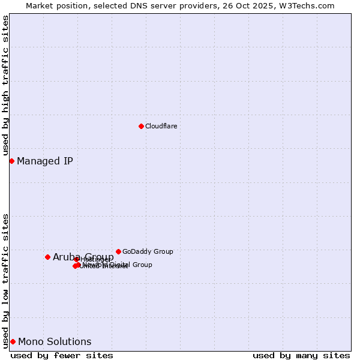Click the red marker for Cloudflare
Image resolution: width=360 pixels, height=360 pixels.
141,126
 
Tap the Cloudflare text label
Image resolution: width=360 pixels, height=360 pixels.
161,126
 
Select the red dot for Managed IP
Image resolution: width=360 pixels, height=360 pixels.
11,161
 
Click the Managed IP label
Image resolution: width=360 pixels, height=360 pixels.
45,161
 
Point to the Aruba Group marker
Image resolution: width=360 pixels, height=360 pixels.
47,257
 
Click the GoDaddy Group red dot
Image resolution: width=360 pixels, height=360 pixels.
118,251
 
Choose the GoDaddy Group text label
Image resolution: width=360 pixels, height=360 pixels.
148,251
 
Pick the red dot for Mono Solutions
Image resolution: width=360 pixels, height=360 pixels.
13,341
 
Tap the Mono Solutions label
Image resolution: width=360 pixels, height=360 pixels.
55,342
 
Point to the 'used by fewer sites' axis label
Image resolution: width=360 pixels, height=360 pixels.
62,355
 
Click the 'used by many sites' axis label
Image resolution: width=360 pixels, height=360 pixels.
301,355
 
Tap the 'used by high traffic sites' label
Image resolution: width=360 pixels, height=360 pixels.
5,86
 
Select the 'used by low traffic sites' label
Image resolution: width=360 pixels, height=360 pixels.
5,280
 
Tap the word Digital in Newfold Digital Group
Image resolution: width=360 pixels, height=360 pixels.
119,265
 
